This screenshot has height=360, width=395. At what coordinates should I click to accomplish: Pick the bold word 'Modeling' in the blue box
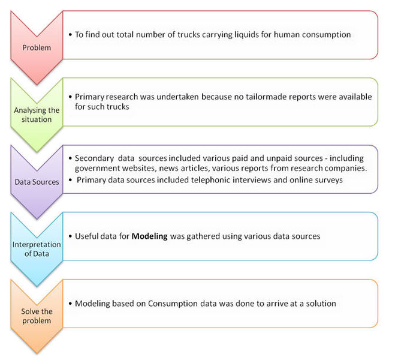(x=149, y=236)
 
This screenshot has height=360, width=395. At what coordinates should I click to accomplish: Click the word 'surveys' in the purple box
(x=328, y=180)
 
